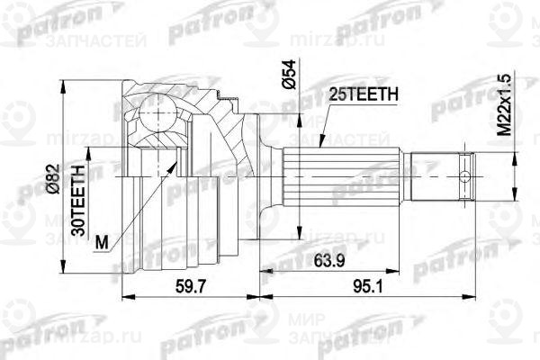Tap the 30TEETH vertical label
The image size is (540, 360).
click(79, 200)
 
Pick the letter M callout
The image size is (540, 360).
click(101, 242)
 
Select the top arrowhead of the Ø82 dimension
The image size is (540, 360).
click(61, 83)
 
